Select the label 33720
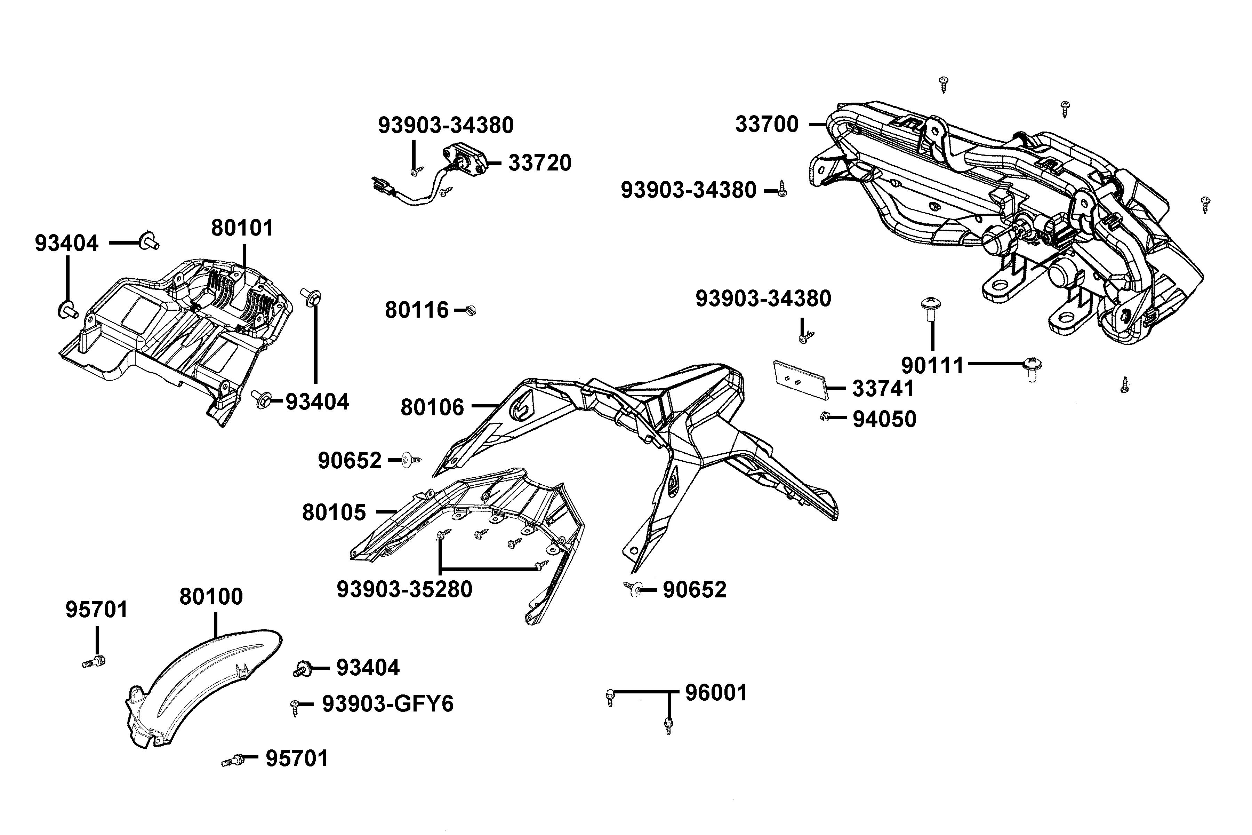(539, 163)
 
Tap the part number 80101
(242, 228)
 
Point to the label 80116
(417, 310)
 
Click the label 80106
(432, 407)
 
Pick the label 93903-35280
(404, 589)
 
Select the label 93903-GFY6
(387, 704)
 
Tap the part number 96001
(716, 693)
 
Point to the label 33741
(883, 389)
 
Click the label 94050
(884, 420)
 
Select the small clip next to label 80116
(471, 310)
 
